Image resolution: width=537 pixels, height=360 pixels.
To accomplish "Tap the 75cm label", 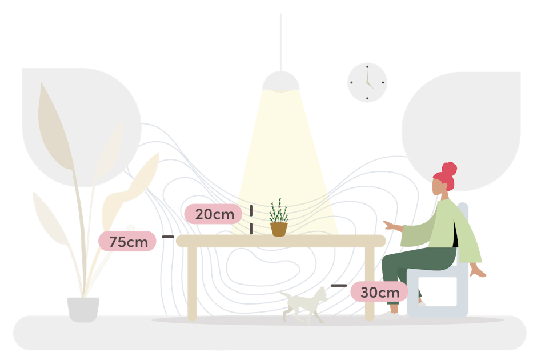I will pos(127,241).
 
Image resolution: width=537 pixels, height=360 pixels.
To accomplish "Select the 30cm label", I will pos(379,292).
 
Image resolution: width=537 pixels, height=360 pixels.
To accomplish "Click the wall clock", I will pos(367,83).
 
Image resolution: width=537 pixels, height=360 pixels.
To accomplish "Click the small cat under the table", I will pos(305,303).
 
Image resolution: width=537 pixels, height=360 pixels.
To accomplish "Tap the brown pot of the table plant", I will pos(279,229).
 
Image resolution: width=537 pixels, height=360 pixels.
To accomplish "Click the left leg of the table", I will pos(192,283).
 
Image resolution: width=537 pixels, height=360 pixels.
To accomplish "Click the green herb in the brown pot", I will pos(278,212).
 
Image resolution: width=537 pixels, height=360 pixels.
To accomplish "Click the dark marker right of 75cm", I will pos(167,236).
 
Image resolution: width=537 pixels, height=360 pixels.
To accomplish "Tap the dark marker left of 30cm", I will pos(338,285).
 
